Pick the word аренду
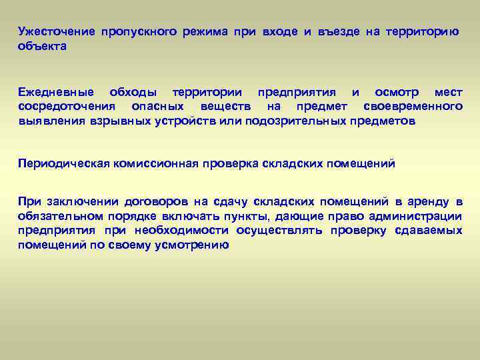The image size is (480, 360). tap(428, 202)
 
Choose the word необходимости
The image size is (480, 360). tap(179, 231)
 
